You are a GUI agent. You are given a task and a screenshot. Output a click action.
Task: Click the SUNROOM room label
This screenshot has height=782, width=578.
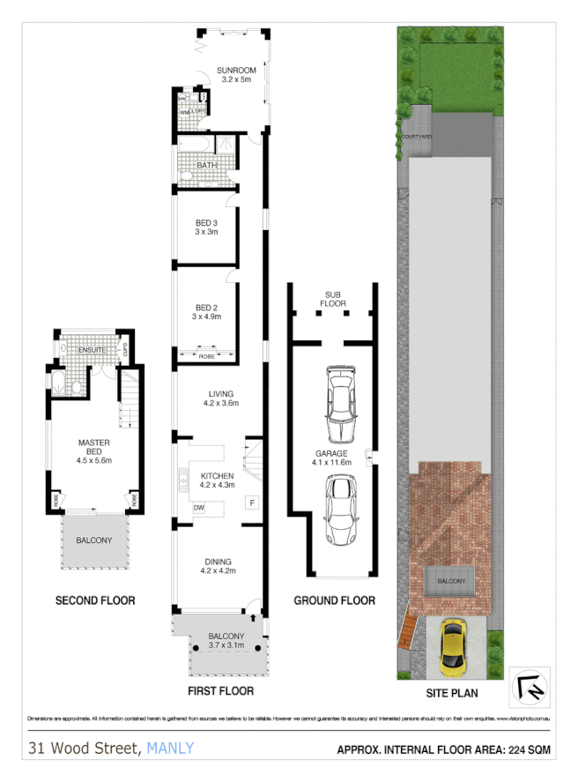point(235,70)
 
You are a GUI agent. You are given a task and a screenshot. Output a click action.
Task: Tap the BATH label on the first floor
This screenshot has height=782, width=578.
point(206,165)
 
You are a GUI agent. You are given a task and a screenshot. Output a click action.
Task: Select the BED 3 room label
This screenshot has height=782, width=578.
point(206,222)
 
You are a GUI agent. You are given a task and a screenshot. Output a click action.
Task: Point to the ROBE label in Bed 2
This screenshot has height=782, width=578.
point(206,357)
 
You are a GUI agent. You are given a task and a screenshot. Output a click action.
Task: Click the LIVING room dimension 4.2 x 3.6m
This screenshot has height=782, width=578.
point(219,404)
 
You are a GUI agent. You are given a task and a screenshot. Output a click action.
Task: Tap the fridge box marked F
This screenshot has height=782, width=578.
point(252,503)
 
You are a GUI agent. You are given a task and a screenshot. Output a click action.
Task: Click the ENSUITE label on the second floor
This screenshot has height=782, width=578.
point(92,351)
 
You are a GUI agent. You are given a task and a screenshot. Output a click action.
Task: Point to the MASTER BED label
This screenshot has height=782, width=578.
point(93,448)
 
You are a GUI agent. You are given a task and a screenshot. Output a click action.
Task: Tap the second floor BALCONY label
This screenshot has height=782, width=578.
point(93,540)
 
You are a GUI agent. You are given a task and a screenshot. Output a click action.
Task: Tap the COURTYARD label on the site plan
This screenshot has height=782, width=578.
point(415,138)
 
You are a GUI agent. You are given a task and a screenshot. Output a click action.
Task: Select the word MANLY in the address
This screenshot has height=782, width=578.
point(170,749)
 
